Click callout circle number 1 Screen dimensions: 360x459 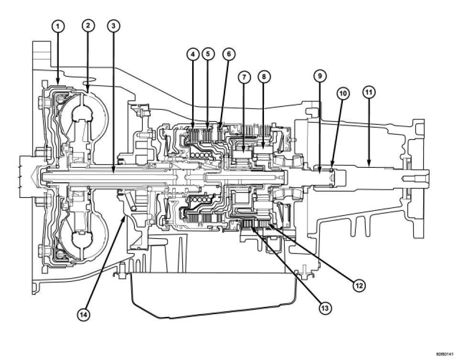(58, 26)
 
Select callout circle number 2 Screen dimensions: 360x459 (87, 26)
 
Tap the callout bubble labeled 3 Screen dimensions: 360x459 (113, 26)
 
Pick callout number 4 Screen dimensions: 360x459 (193, 54)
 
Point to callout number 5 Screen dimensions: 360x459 (208, 54)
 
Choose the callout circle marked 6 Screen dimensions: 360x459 (229, 54)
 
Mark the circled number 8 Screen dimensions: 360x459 (263, 76)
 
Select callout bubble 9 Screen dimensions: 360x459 (320, 76)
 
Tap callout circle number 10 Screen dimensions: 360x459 (342, 94)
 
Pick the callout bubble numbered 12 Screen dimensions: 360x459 (360, 285)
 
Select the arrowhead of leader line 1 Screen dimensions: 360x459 (58, 87)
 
